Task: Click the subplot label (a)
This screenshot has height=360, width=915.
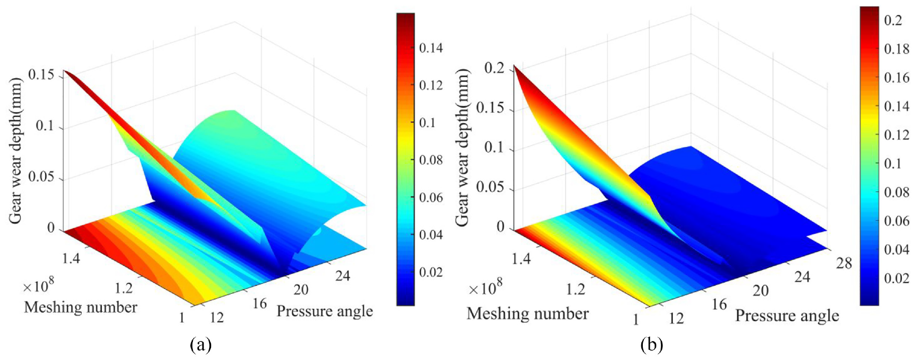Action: [x=200, y=345]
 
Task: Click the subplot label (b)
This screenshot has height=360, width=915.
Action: [x=651, y=345]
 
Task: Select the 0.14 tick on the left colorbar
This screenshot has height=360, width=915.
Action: [x=431, y=48]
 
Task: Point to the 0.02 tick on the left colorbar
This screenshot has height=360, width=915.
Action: [x=431, y=272]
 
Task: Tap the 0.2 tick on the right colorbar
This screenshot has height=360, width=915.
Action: [x=893, y=20]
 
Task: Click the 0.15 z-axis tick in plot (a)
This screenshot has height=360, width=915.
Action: [x=41, y=75]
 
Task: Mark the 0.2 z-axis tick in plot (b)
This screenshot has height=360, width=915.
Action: [x=494, y=68]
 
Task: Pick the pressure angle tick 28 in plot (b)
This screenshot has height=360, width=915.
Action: [x=844, y=263]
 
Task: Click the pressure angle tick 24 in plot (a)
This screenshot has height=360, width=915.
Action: [x=342, y=276]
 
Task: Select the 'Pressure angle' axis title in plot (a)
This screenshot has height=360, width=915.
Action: [x=325, y=311]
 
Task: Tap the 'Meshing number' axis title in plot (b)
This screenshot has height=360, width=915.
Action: [x=527, y=314]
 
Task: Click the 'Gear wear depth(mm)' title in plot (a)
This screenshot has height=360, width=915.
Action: [x=15, y=150]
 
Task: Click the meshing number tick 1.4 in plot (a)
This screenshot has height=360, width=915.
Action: [x=71, y=259]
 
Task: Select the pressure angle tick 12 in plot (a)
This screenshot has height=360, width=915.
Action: [x=217, y=318]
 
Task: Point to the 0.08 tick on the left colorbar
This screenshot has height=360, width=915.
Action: [x=431, y=160]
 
